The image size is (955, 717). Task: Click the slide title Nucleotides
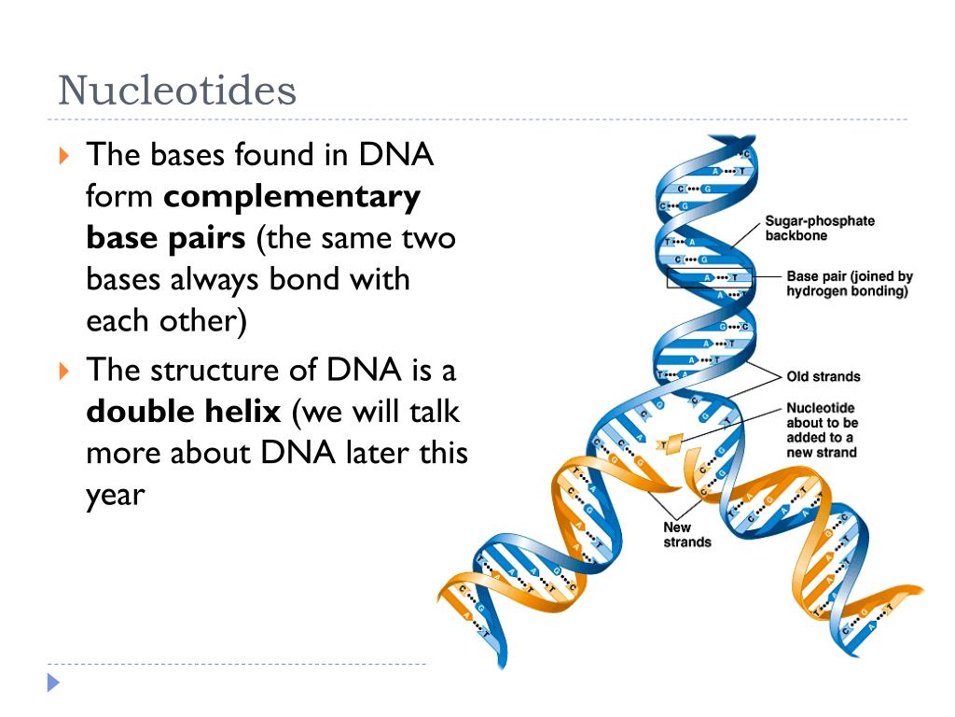(177, 91)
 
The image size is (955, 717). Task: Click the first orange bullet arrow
(63, 155)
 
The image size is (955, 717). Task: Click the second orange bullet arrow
(63, 371)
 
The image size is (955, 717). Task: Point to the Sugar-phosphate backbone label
(820, 229)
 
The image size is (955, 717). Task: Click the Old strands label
(824, 376)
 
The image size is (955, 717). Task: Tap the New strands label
(686, 535)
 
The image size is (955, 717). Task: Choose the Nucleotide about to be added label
(821, 430)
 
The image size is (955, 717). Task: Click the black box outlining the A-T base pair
(709, 277)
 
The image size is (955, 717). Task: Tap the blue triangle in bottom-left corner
(53, 683)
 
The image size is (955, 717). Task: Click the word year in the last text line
(116, 494)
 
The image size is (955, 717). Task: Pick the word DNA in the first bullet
(397, 154)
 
